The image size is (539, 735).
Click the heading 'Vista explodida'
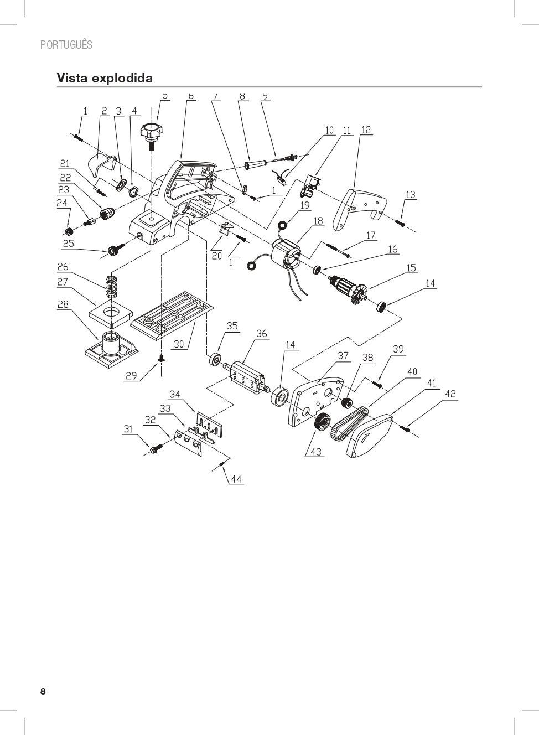105,78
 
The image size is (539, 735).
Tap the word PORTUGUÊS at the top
66,45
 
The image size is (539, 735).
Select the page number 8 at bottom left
43,692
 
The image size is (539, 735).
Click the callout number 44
236,479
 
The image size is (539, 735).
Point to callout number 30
179,344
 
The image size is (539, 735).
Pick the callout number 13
411,195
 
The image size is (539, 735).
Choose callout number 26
63,267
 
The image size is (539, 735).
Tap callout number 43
316,452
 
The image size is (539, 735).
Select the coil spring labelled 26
112,284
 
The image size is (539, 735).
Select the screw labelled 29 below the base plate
161,359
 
